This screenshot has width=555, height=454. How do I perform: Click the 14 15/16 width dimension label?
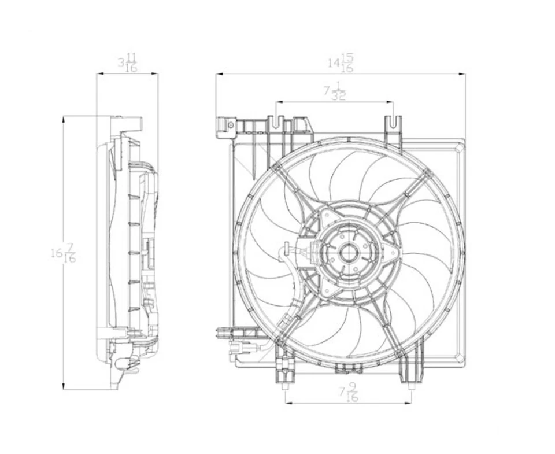click(x=341, y=63)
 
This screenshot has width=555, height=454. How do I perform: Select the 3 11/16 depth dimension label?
click(x=128, y=62)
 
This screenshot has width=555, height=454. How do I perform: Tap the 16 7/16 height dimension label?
click(x=64, y=253)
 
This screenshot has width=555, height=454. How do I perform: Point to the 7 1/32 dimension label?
click(x=335, y=92)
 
